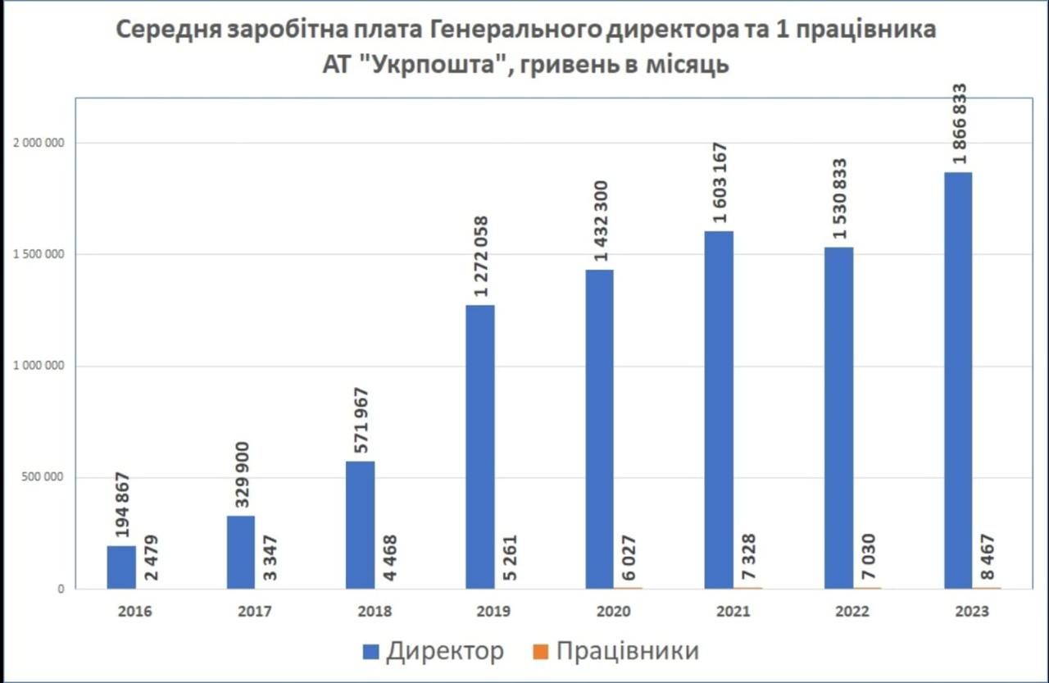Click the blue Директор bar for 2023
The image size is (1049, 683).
pyautogui.click(x=958, y=380)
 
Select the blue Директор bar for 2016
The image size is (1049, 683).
pyautogui.click(x=121, y=567)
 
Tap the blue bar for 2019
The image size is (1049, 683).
pyautogui.click(x=480, y=447)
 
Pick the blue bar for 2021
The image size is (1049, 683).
pyautogui.click(x=719, y=410)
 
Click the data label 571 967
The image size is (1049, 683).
pyautogui.click(x=361, y=420)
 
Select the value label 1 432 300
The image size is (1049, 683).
pyautogui.click(x=601, y=221)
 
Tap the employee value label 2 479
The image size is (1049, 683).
pyautogui.click(x=152, y=557)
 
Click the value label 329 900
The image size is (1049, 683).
pyautogui.click(x=242, y=476)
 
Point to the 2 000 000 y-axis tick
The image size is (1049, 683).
pyautogui.click(x=38, y=143)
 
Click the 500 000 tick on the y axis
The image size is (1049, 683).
pyautogui.click(x=42, y=477)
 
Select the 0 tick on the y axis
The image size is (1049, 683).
pyautogui.click(x=61, y=589)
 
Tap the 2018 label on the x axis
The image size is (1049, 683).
pyautogui.click(x=374, y=612)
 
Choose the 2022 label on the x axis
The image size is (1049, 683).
pyautogui.click(x=851, y=612)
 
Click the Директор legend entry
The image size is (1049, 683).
pyautogui.click(x=435, y=651)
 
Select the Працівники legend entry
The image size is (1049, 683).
pyautogui.click(x=616, y=651)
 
